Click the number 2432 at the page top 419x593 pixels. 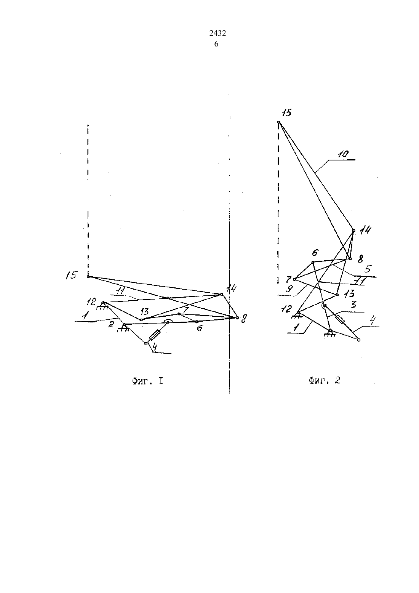point(217,34)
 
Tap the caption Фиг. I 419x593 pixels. point(148,381)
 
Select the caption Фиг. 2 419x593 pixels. point(324,381)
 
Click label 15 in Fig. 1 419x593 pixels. point(72,275)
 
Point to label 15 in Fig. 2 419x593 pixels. point(286,112)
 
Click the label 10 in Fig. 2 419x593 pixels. point(343,154)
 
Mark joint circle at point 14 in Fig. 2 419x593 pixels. point(353,230)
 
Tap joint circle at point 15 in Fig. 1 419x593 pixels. point(88,277)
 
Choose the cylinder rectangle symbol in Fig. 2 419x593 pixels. point(341,319)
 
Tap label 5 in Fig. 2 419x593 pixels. point(368,269)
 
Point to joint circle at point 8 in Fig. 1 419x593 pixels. point(237,318)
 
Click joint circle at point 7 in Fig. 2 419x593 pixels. point(294,279)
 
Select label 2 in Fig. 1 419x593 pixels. point(112,324)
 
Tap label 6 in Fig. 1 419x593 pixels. point(200,328)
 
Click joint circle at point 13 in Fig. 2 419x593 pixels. point(337,295)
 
